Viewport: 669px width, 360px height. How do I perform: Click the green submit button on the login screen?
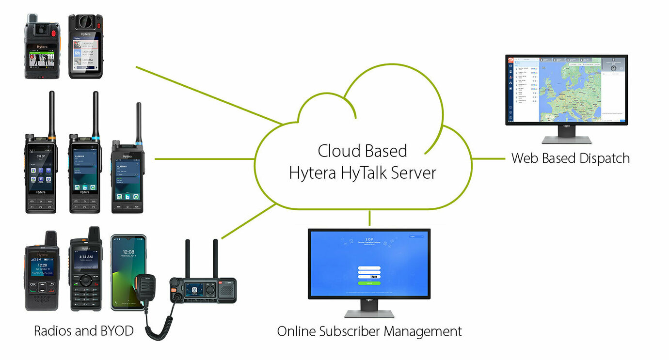point(369,283)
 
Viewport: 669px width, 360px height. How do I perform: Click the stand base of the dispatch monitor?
point(566,140)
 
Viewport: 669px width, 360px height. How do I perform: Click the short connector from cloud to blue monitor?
point(369,219)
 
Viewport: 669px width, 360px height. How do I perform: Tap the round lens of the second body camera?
point(85,23)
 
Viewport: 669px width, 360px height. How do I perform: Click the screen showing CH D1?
point(41,167)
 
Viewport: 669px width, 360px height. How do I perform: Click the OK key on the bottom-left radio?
point(33,284)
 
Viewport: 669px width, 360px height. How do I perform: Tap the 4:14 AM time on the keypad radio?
point(86,257)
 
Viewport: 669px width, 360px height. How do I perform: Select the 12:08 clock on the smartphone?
point(128,252)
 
